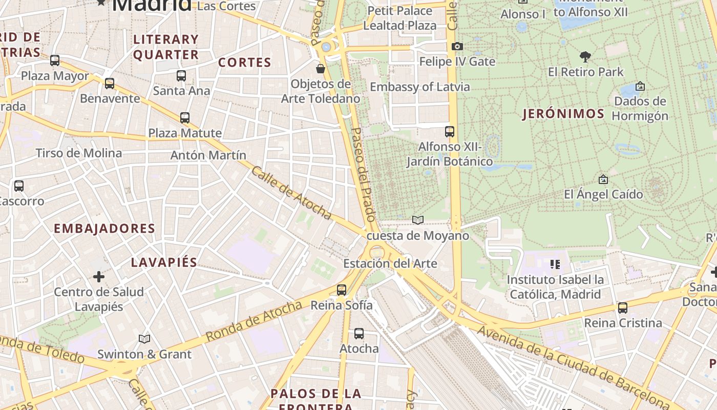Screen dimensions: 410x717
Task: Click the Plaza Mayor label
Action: [x=55, y=76]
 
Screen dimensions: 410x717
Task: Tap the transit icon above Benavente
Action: [x=109, y=83]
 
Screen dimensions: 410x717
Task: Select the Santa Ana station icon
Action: [x=181, y=76]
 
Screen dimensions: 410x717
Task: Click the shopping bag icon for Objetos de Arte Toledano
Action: [x=321, y=68]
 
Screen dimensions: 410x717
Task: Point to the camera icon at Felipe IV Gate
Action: [x=457, y=47]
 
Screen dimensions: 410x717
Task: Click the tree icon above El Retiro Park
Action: [x=585, y=56]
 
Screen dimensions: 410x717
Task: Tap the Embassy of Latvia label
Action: [x=419, y=87]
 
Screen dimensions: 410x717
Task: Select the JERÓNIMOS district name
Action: [x=563, y=114]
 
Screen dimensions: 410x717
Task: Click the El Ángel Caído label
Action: [x=603, y=194]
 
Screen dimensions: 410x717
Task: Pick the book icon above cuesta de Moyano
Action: [x=418, y=220]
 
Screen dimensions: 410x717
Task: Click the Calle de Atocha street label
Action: [x=291, y=193]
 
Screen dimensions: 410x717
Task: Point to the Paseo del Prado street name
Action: [x=364, y=174]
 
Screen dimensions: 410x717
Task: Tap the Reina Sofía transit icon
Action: [x=342, y=290]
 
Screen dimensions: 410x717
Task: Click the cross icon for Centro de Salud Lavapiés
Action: [x=98, y=277]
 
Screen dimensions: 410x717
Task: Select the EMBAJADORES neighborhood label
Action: [x=104, y=229]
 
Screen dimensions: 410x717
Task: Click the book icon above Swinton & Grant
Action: [x=144, y=339]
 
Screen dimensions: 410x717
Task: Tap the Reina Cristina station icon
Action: [x=623, y=308]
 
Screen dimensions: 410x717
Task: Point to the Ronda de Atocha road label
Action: [x=254, y=321]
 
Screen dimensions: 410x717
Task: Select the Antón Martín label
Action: [x=208, y=155]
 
